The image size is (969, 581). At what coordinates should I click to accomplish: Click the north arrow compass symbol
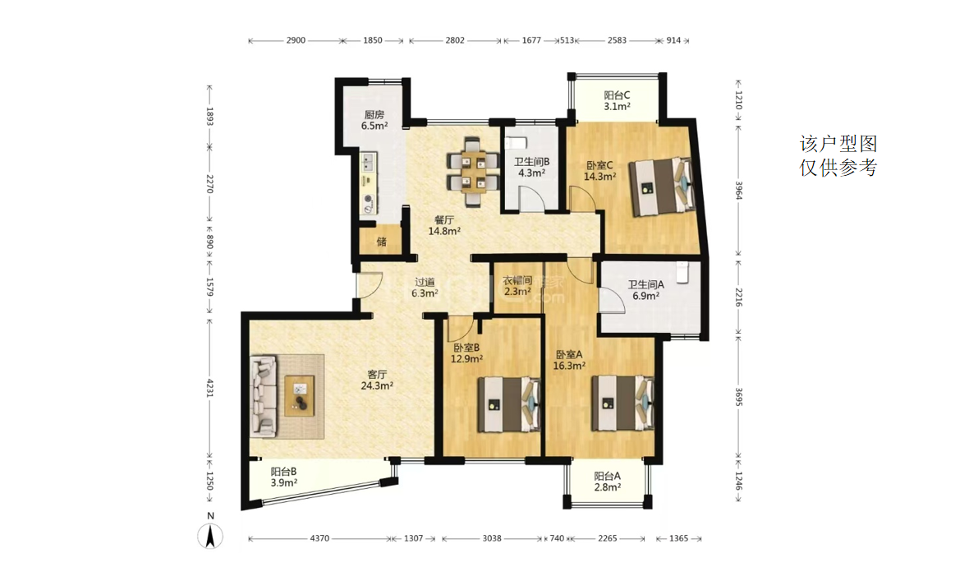click(x=210, y=536)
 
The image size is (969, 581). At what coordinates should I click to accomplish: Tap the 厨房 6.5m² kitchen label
click(x=374, y=120)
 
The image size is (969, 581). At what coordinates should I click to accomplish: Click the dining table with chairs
click(x=473, y=173)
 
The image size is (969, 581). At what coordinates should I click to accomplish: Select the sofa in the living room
click(x=264, y=396)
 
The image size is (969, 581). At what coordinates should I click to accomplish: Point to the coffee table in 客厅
click(x=300, y=396)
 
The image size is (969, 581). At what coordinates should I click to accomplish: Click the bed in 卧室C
click(x=661, y=187)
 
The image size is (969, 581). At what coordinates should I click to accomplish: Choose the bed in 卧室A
click(x=623, y=403)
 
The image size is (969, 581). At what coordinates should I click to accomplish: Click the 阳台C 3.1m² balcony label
click(x=618, y=101)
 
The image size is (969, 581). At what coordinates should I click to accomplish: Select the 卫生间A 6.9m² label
click(x=645, y=290)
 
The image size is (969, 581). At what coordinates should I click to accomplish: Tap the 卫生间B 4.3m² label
click(x=531, y=168)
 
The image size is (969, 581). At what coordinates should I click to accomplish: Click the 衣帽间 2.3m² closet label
click(x=517, y=286)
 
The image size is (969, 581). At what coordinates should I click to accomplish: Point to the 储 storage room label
click(x=381, y=242)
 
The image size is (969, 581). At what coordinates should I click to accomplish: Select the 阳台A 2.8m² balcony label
click(x=608, y=482)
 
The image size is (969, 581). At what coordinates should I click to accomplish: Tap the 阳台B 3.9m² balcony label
click(x=283, y=477)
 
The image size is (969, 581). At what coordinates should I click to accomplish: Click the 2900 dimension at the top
click(x=296, y=40)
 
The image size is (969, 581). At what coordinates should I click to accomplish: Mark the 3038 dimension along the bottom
click(x=492, y=538)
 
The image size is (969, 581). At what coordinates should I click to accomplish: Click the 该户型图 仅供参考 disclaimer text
click(x=838, y=155)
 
